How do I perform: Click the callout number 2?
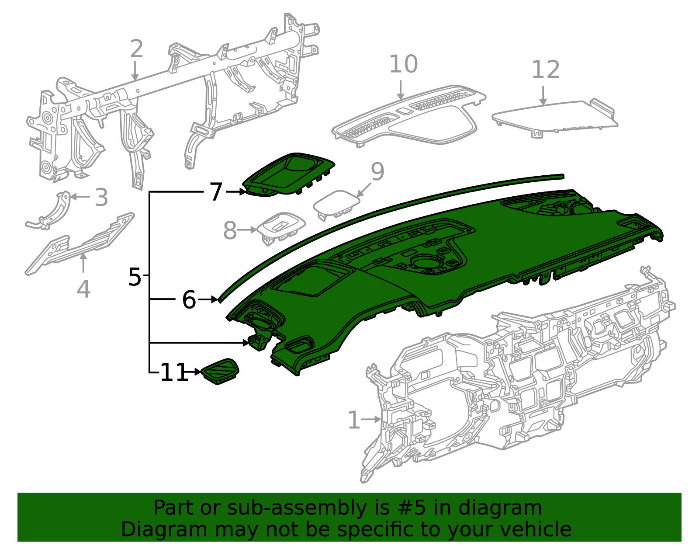pos(136,49)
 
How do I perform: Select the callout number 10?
pos(403,65)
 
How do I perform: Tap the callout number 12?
pos(545,70)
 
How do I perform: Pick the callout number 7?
pos(216,192)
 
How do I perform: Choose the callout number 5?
pos(135,277)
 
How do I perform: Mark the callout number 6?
pos(189,300)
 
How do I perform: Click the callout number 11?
pos(174,372)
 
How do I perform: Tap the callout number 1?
pos(354,420)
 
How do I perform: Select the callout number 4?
pos(83,289)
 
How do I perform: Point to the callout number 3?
pos(101,198)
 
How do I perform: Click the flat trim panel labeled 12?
pos(555,115)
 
